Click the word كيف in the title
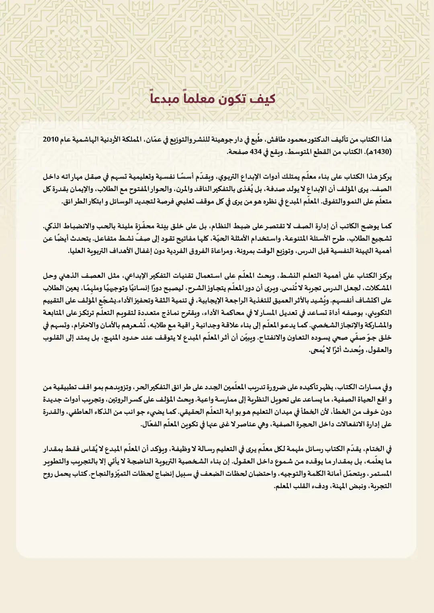point(264,99)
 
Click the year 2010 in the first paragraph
point(51,140)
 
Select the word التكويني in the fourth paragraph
point(380,313)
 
